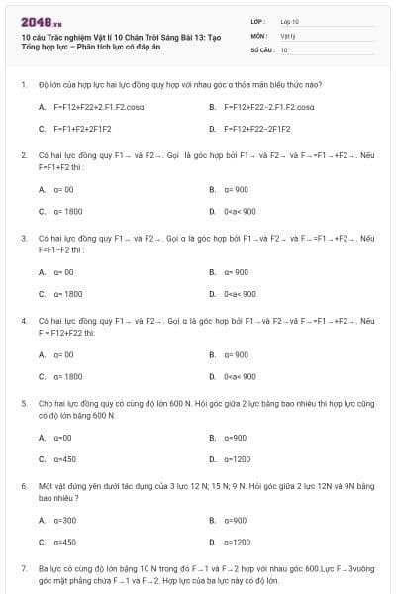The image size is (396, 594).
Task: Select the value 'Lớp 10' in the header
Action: pyautogui.click(x=289, y=21)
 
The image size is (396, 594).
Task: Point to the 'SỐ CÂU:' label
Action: pyautogui.click(x=261, y=49)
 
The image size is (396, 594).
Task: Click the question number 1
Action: pyautogui.click(x=23, y=85)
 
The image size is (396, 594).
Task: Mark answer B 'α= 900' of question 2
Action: pyautogui.click(x=236, y=189)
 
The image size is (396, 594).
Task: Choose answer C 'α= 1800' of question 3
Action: pyautogui.click(x=68, y=294)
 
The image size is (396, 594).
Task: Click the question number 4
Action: pyautogui.click(x=23, y=322)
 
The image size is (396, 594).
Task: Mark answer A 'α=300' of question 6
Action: pyautogui.click(x=65, y=520)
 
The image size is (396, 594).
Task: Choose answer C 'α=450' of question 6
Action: pyautogui.click(x=65, y=542)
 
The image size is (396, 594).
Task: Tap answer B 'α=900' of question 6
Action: pyautogui.click(x=235, y=520)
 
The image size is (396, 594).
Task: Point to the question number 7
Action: pyautogui.click(x=23, y=569)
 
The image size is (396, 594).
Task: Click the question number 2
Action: pyautogui.click(x=23, y=155)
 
